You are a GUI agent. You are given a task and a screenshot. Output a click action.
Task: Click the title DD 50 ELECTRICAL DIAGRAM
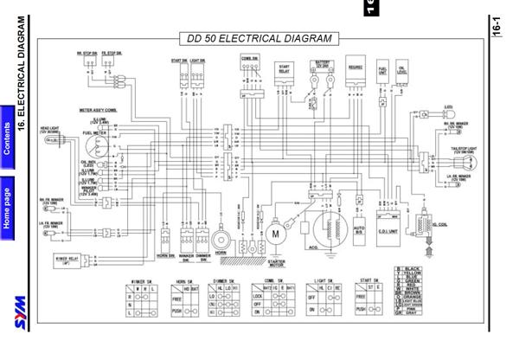[x=259, y=39]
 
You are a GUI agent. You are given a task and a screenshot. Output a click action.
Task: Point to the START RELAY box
[x=284, y=75]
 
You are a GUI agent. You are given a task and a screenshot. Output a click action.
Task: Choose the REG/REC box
[x=354, y=74]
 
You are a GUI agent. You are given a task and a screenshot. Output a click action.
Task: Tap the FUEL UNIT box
[x=381, y=74]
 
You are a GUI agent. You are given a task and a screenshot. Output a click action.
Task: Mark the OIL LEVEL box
[x=403, y=74]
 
